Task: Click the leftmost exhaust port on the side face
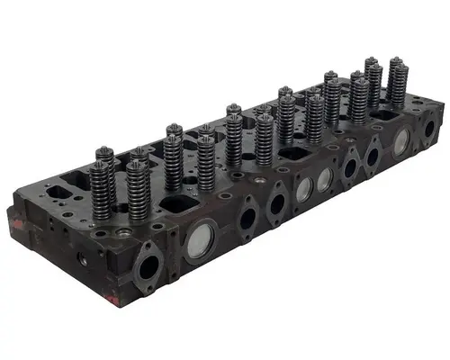point(148,267)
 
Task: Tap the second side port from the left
point(246,217)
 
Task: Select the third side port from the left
point(277,203)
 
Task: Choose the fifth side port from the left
point(372,157)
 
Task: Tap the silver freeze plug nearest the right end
point(401,140)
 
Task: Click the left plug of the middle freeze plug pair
point(303,188)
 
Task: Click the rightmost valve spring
point(396,81)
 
